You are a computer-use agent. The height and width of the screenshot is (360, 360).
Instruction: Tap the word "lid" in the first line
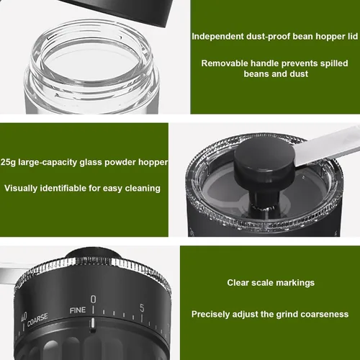(353, 36)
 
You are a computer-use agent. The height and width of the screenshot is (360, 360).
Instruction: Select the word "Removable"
(225, 63)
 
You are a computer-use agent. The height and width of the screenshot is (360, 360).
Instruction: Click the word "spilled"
(334, 63)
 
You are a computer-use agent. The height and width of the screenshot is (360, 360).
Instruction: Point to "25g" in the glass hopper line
(9, 163)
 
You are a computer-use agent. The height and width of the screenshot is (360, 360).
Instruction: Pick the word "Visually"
(21, 189)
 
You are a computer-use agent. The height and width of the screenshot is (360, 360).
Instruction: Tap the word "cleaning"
(143, 189)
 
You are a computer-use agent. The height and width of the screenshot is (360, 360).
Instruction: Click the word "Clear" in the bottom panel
(238, 283)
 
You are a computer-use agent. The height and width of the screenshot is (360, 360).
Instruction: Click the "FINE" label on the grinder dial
(78, 310)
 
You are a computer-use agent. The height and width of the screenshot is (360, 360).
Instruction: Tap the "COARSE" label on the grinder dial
(37, 320)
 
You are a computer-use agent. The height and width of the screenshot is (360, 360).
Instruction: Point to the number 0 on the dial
(93, 300)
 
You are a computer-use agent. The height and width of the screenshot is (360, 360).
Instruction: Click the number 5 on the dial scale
(142, 308)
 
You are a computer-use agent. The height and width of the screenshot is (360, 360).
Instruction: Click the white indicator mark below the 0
(92, 323)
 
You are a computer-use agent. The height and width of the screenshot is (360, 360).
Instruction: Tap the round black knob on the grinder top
(264, 160)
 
